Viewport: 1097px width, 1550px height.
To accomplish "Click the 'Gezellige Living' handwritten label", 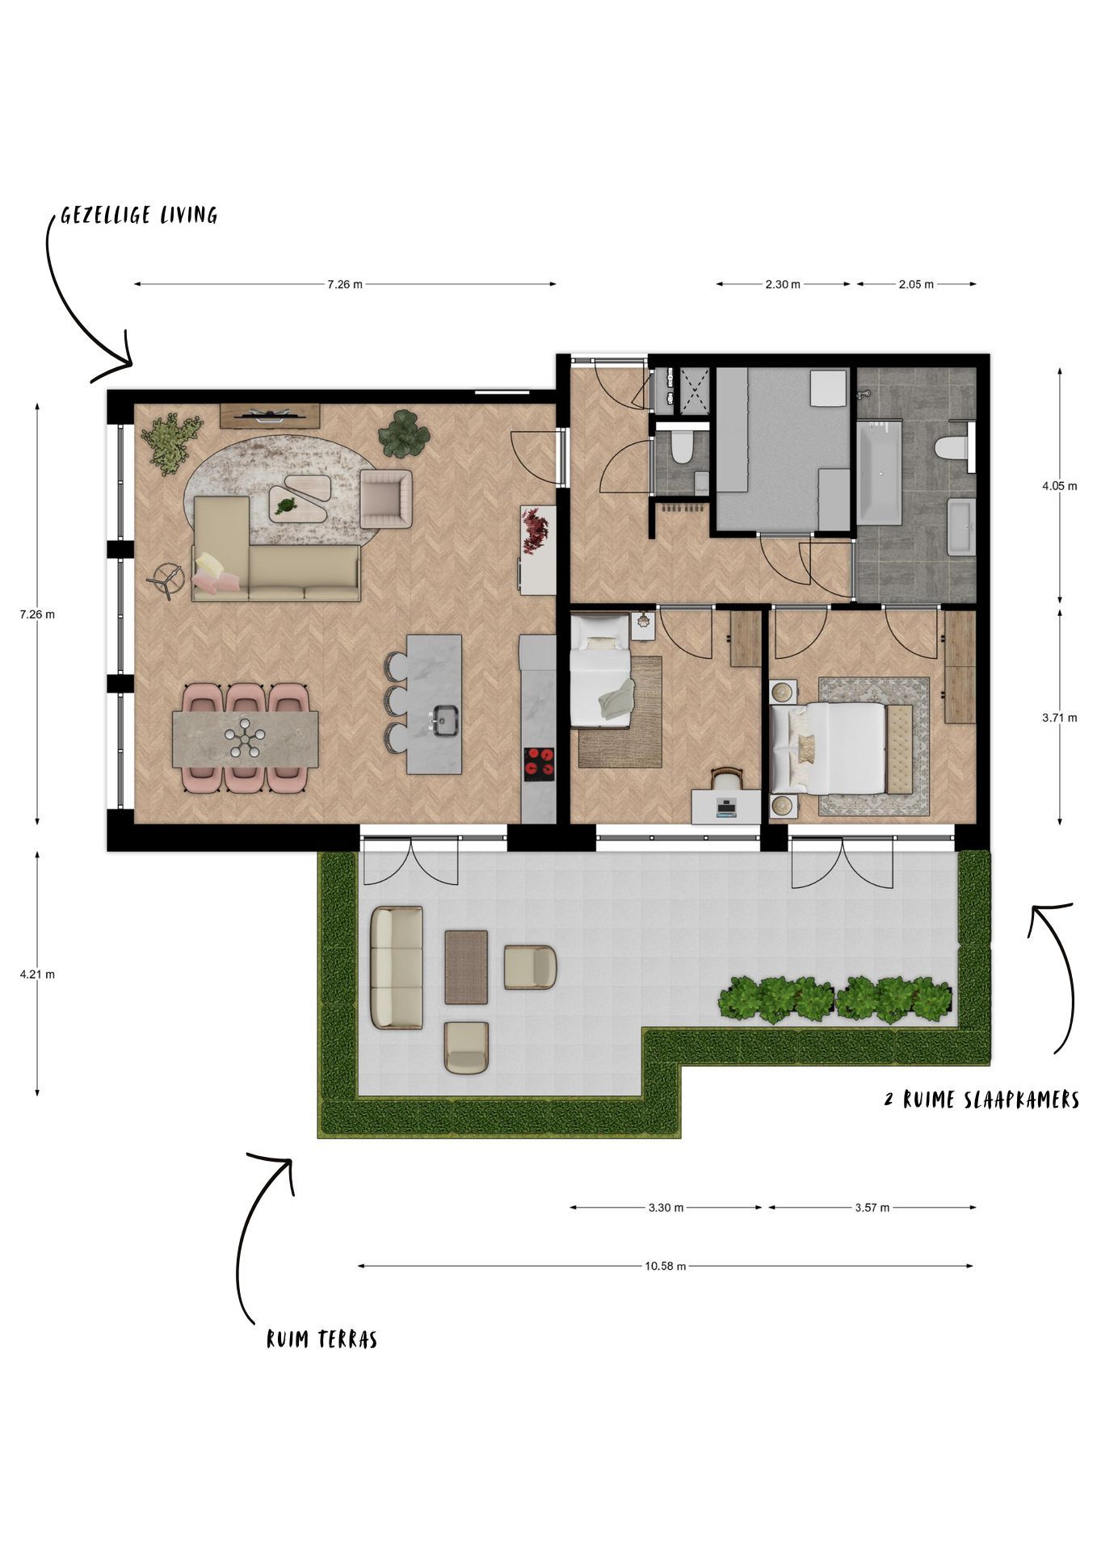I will [x=139, y=215].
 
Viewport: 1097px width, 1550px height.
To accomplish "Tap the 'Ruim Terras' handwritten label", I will [x=322, y=1339].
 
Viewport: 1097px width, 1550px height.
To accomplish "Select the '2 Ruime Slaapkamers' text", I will [x=981, y=1100].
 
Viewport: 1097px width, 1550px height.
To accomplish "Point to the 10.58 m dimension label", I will [x=665, y=1266].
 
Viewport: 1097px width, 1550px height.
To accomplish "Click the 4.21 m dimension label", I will [x=37, y=974].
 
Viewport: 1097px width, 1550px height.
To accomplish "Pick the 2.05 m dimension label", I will [x=915, y=284].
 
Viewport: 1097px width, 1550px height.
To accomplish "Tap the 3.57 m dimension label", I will [x=872, y=1208].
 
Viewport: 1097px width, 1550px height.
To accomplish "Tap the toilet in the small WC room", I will [x=682, y=446].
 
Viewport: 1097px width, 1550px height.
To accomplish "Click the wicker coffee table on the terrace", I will [x=466, y=966].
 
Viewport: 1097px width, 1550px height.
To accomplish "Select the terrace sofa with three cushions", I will [x=397, y=967].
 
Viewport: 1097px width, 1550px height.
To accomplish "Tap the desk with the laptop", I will [x=725, y=806].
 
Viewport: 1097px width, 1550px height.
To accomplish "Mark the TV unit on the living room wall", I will [x=271, y=416].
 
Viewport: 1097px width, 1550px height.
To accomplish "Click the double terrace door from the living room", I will [x=412, y=860].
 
